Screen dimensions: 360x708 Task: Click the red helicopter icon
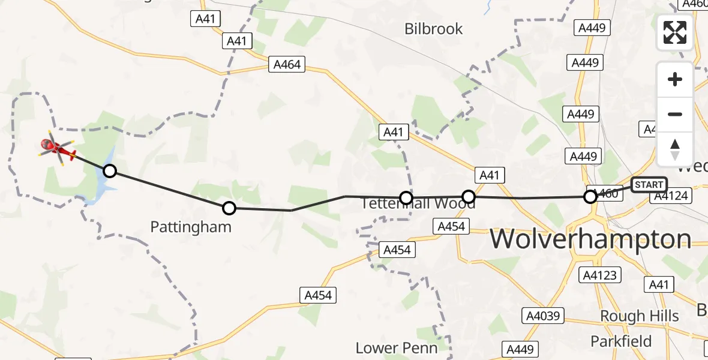[x=57, y=148]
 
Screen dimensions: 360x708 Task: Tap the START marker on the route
[x=649, y=185]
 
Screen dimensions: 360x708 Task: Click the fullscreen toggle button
[x=675, y=32]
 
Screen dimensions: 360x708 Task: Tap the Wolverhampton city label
[x=591, y=239]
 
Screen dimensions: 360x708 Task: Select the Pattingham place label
[x=191, y=227]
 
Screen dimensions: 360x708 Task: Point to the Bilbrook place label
[x=433, y=29]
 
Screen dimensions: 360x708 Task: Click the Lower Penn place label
[x=396, y=347]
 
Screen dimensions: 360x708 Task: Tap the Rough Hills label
[x=640, y=316]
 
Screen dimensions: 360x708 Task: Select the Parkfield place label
[x=621, y=341]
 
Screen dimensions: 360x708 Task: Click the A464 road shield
[x=287, y=64]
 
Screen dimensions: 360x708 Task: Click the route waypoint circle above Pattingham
[x=229, y=208]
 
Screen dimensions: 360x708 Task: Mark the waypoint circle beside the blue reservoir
[x=109, y=171]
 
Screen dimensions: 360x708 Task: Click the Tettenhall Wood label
[x=418, y=204]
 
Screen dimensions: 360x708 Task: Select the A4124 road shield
[x=671, y=196]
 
